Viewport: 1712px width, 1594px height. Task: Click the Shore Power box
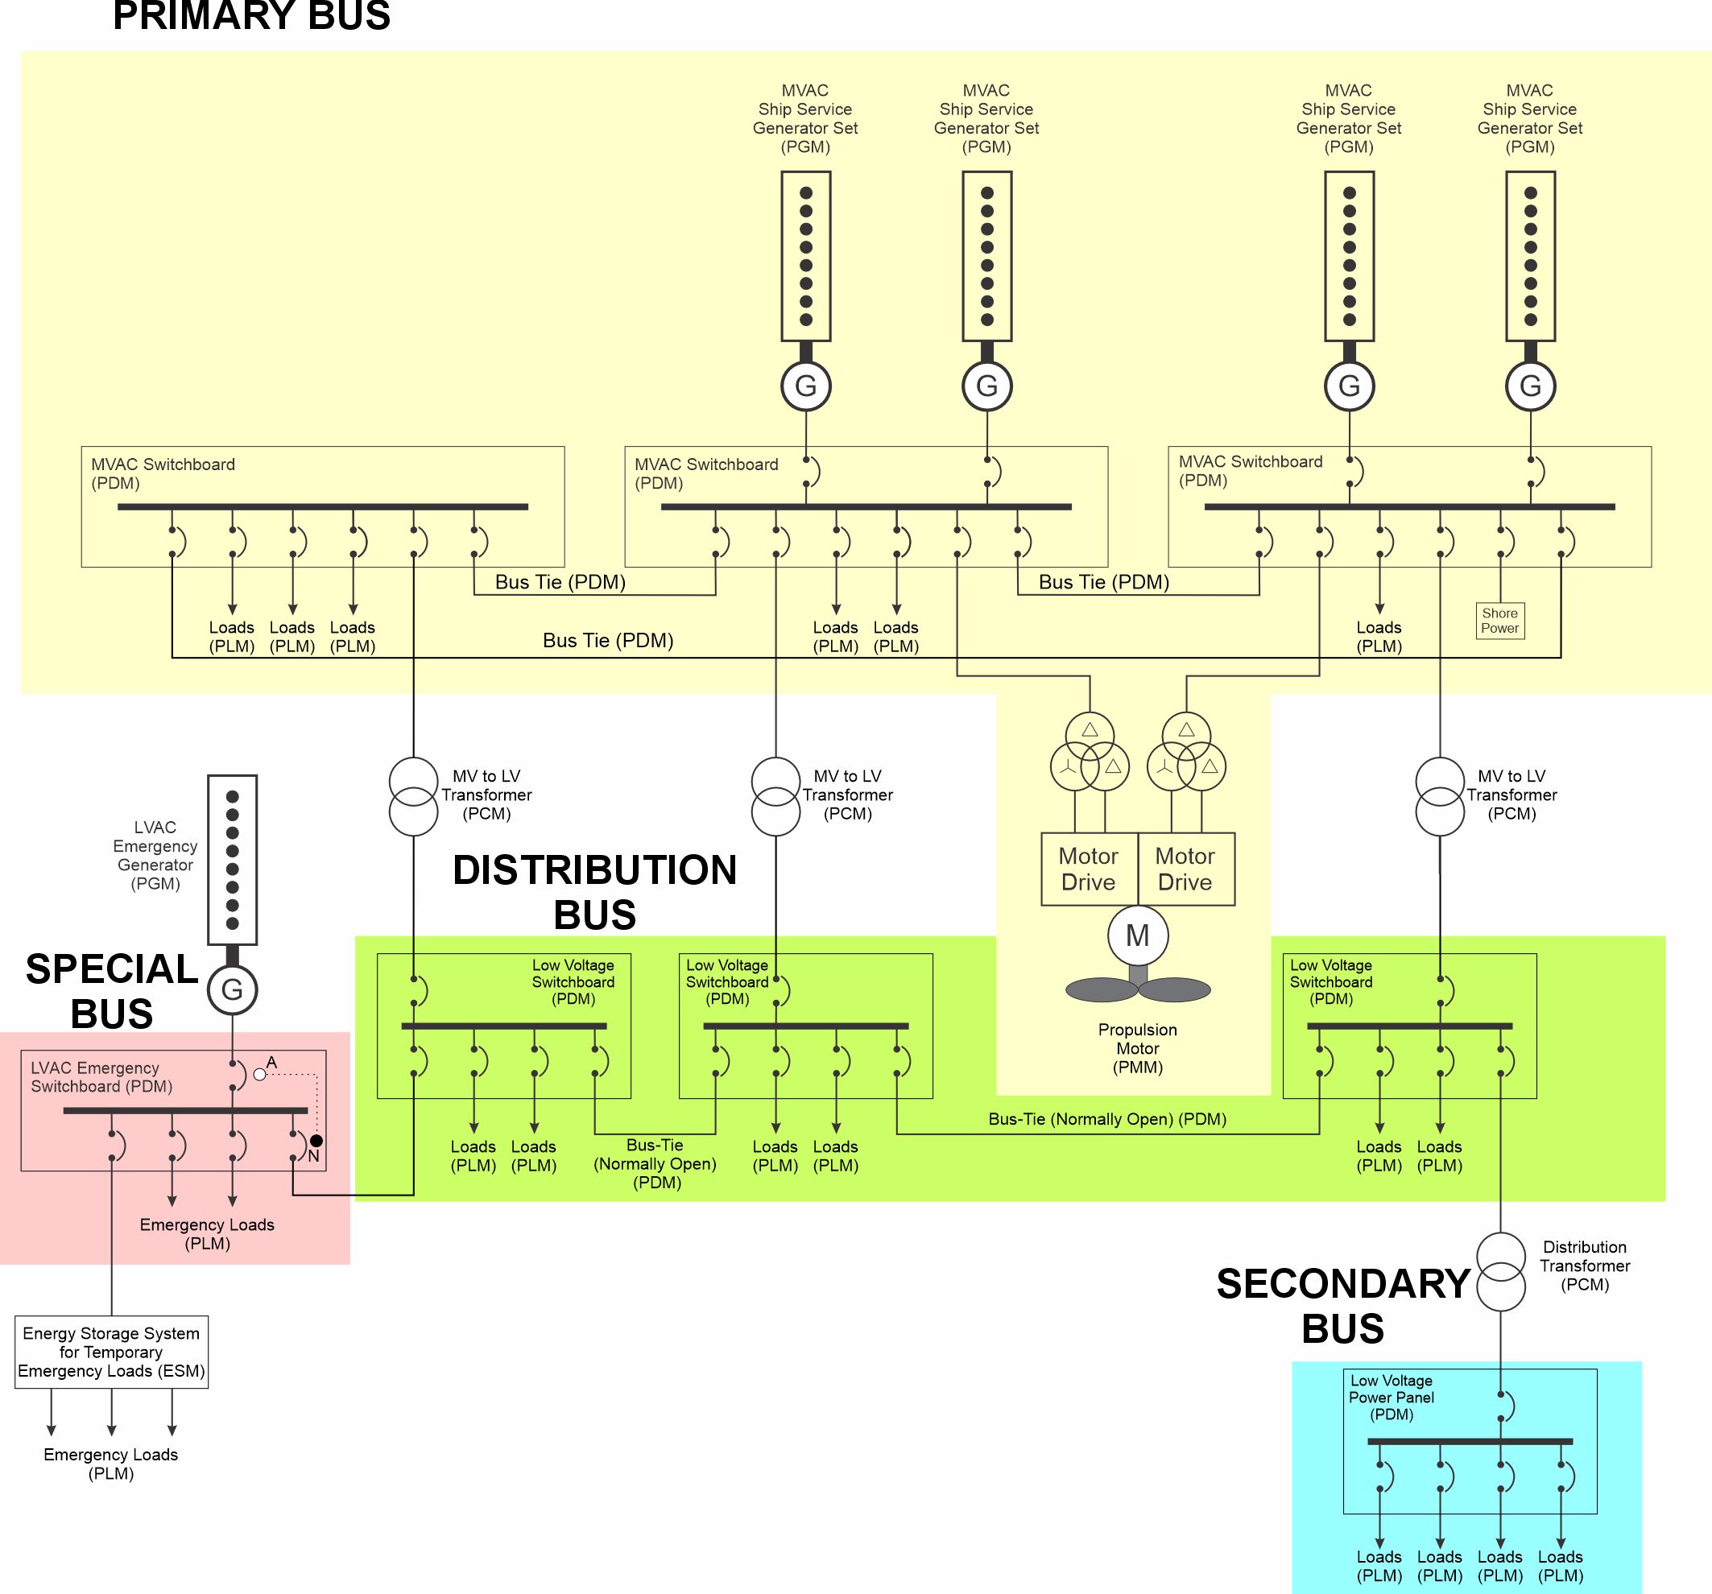click(1499, 621)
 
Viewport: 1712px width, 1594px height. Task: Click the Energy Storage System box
click(111, 1351)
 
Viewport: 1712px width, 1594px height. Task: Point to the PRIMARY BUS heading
click(251, 16)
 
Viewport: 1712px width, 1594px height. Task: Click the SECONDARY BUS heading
click(1342, 1306)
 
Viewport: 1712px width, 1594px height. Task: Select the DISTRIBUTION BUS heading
click(595, 892)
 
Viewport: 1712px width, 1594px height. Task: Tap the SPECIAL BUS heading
click(112, 991)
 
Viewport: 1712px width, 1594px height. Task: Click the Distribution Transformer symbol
click(1501, 1271)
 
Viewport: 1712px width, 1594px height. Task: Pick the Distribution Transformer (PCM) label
click(1585, 1266)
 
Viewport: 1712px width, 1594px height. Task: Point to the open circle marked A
click(259, 1074)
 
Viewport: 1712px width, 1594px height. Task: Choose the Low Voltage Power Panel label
click(1392, 1397)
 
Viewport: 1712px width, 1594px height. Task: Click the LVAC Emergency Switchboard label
click(101, 1076)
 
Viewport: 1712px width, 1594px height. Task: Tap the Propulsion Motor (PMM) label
click(1138, 1048)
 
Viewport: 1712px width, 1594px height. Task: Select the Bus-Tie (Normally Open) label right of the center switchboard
click(1107, 1119)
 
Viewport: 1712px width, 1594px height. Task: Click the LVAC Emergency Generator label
click(155, 855)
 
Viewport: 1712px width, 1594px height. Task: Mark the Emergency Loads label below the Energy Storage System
click(111, 1463)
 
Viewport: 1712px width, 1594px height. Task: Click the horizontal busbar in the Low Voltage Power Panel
click(1470, 1442)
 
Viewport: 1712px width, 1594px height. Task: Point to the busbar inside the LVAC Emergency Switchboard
click(185, 1111)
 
